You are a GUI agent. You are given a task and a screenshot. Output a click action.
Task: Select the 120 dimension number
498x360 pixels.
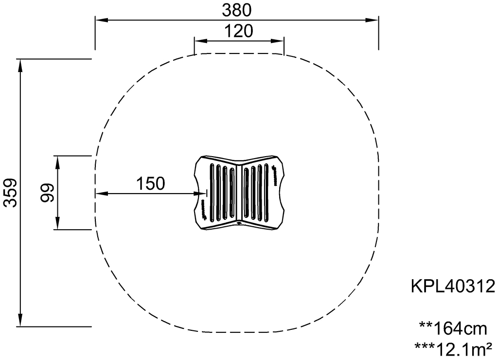(x=238, y=31)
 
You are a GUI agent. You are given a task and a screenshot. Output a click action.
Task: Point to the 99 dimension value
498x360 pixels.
(x=47, y=193)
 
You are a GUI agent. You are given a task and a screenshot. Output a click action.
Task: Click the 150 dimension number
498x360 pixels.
(x=151, y=183)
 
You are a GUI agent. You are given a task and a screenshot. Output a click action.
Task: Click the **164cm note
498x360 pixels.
(x=453, y=328)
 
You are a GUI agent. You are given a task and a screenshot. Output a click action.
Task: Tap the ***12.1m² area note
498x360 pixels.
(x=454, y=349)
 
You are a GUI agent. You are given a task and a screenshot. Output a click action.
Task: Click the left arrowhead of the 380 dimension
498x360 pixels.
(x=102, y=20)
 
